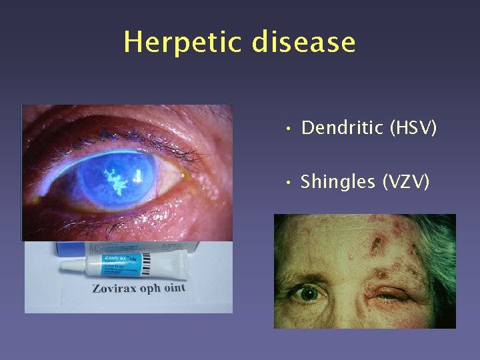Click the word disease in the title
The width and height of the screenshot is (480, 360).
[x=303, y=42]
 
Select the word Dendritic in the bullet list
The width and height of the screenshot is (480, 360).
[x=339, y=127]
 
